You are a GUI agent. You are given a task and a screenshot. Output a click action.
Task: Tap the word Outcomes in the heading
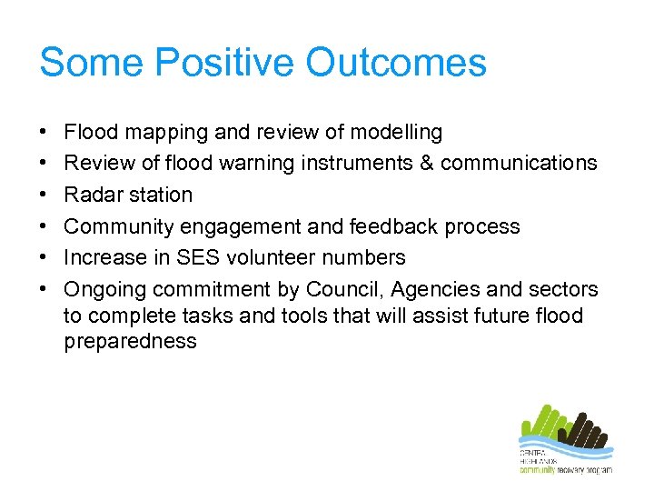(x=396, y=63)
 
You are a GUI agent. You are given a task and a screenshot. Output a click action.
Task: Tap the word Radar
(x=91, y=195)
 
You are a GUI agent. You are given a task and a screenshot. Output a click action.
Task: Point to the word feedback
(x=381, y=226)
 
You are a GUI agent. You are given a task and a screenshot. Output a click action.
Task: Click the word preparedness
(x=130, y=342)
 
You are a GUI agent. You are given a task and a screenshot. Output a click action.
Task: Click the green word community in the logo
(x=539, y=469)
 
